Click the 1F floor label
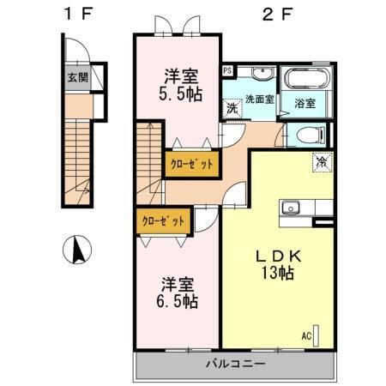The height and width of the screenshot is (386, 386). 75,14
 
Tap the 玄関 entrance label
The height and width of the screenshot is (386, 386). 78,77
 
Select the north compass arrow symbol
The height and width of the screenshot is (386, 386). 78,250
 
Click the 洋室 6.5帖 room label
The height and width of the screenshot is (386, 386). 178,292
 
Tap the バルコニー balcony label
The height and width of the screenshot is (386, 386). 234,364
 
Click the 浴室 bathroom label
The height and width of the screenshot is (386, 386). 305,103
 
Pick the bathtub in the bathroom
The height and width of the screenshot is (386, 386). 306,80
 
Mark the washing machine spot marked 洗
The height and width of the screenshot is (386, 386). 232,109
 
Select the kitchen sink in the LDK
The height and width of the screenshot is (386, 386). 290,208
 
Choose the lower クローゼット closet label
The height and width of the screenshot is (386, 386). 162,220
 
